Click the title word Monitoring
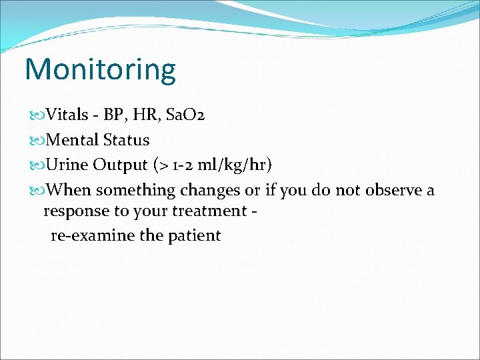point(100,69)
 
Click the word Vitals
point(69,115)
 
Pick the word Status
point(127,140)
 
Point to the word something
point(134,191)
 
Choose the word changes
point(209,191)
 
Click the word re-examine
point(93,235)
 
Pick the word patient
point(195,235)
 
